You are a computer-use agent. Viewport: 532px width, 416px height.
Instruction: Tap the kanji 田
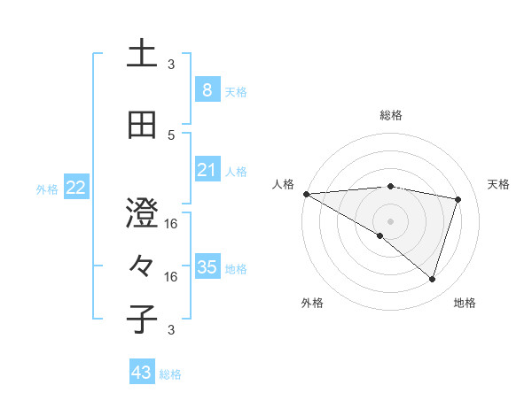143,126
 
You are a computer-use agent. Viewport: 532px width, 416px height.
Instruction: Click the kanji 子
143,319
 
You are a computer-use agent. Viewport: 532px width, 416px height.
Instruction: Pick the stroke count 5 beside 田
171,135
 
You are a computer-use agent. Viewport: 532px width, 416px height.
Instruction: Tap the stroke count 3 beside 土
171,65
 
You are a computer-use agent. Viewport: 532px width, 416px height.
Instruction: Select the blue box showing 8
207,89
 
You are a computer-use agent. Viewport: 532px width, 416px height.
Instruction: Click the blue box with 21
207,170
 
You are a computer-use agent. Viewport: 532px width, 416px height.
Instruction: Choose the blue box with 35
207,267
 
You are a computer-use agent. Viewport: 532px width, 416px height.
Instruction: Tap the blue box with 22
75,188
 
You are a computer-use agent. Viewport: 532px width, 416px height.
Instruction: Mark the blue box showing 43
141,373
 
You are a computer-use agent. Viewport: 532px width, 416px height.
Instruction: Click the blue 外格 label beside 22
47,189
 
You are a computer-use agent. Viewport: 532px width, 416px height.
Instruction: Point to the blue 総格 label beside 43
171,374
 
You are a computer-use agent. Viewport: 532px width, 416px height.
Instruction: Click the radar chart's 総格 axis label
391,115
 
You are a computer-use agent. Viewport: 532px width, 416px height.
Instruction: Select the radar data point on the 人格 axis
306,193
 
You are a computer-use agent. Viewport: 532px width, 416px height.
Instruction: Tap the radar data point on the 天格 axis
458,199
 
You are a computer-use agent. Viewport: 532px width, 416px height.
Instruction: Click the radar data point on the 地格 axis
432,279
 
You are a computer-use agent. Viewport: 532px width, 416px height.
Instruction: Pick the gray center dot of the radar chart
391,220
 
